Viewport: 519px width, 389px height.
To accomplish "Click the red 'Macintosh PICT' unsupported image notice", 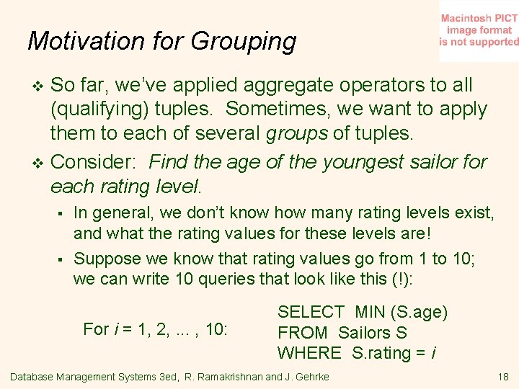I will pos(479,30).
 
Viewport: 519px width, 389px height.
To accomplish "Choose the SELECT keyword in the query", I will pos(311,313).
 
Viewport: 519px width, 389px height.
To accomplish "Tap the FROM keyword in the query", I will pos(303,333).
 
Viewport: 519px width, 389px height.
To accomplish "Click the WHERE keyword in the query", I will pos(310,353).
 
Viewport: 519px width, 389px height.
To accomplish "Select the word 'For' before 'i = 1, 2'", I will pos(96,330).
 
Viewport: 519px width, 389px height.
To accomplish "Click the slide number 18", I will pos(502,377).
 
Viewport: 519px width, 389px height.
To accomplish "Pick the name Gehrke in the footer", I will pos(311,377).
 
